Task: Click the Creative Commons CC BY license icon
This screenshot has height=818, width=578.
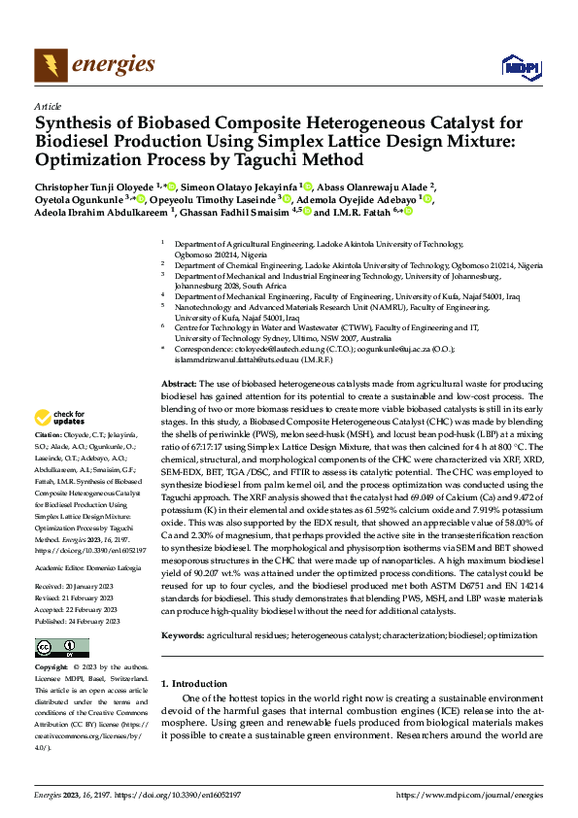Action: coord(62,620)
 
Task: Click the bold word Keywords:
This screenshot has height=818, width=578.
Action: coord(183,607)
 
